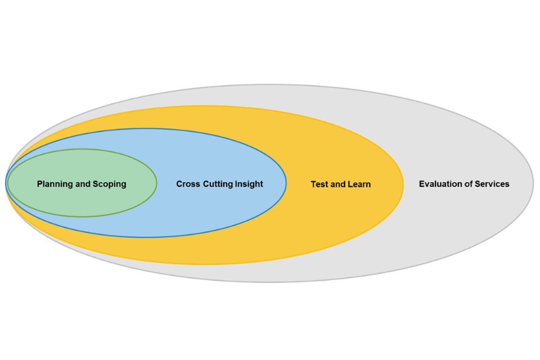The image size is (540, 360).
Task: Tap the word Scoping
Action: (109, 184)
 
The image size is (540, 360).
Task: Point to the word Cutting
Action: (219, 184)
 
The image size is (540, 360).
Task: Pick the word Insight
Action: (250, 184)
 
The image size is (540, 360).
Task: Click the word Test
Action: (321, 184)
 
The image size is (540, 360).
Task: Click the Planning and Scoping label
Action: (82, 184)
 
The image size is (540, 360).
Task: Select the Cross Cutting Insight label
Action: (219, 184)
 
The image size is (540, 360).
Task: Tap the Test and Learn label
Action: (340, 184)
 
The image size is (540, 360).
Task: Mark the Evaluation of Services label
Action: (464, 184)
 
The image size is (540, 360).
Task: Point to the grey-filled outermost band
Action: (461, 225)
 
